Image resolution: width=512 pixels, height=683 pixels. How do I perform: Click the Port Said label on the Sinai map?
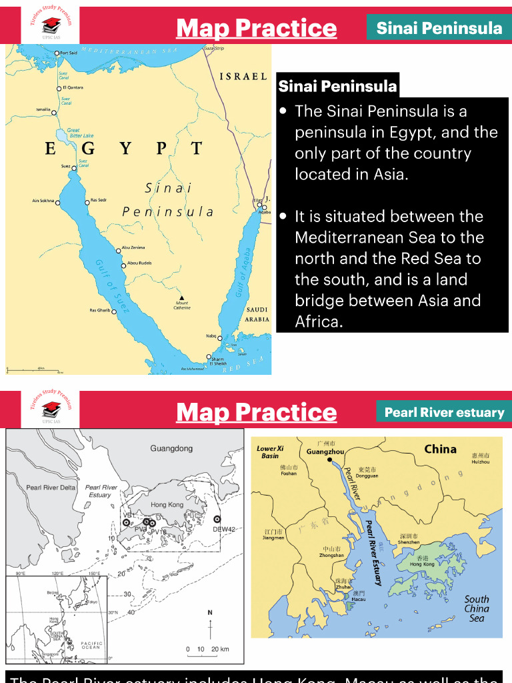(69, 53)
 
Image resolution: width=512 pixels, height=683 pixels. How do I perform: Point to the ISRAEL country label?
(243, 77)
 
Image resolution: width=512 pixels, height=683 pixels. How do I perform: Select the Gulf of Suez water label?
(112, 285)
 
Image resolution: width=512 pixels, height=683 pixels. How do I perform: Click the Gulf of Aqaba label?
(243, 273)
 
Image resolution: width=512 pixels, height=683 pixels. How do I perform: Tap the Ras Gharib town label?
(100, 310)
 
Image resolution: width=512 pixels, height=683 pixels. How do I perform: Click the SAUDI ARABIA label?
(257, 314)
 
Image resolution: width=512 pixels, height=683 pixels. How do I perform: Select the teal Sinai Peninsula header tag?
(439, 28)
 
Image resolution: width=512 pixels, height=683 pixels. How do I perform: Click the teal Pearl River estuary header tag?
(444, 412)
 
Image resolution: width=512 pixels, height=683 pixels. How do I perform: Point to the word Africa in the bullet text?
(319, 321)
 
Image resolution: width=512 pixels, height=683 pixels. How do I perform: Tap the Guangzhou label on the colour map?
(325, 452)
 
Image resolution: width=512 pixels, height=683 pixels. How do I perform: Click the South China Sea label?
(477, 608)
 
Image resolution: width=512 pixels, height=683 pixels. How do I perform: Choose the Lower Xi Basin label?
(271, 452)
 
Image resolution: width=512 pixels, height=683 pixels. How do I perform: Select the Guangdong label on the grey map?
(171, 448)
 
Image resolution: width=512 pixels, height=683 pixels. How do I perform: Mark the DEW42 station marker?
(217, 519)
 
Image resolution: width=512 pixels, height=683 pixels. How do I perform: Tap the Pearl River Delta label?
(51, 488)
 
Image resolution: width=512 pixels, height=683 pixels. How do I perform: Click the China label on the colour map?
(441, 449)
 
